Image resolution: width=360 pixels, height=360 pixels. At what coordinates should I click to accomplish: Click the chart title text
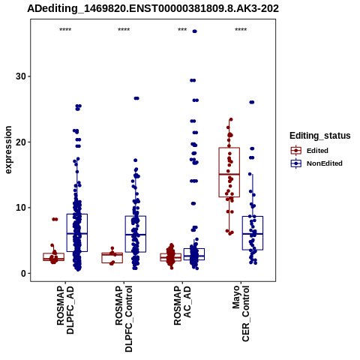click(153, 9)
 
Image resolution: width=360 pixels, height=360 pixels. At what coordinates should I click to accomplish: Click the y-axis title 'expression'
click(8, 150)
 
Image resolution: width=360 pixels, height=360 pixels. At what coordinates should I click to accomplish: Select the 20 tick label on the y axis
click(21, 142)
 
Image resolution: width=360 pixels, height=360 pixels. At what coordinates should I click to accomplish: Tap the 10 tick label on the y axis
click(21, 208)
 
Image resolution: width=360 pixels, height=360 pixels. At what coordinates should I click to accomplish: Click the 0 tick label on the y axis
click(24, 273)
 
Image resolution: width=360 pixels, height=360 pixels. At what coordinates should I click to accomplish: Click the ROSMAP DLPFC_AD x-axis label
click(65, 310)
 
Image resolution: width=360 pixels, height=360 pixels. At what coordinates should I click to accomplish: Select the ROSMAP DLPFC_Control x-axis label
click(124, 319)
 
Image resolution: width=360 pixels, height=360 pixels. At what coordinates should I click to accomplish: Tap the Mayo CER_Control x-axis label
click(241, 313)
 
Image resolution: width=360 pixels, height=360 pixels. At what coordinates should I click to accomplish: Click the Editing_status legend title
click(320, 136)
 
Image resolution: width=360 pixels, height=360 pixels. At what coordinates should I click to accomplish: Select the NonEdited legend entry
click(316, 163)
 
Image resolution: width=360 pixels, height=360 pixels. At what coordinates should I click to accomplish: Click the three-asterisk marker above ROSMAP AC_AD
click(182, 30)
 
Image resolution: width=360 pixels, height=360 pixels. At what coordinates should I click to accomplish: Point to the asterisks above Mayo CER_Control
click(241, 30)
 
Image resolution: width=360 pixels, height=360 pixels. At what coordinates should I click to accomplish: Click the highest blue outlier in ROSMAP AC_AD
click(194, 31)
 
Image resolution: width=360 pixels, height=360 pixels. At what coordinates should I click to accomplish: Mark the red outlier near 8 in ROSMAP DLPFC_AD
click(55, 219)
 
